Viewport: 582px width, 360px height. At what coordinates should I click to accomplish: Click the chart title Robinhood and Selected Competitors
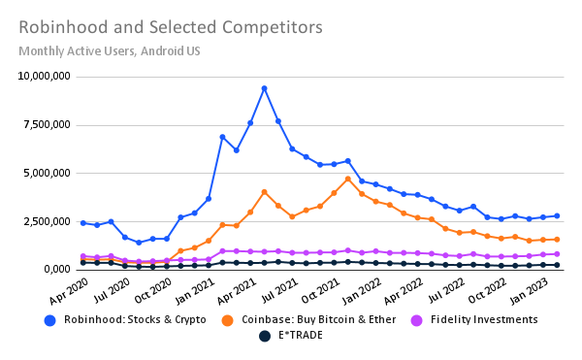click(x=170, y=26)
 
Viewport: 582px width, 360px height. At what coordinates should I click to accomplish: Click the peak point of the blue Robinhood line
click(x=264, y=88)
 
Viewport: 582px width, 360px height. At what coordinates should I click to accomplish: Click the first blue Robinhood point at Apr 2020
click(x=82, y=222)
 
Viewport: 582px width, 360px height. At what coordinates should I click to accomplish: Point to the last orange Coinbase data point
click(x=557, y=239)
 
